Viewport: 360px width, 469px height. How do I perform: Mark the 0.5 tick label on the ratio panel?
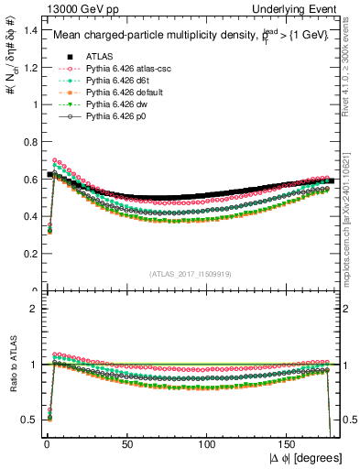(28, 420)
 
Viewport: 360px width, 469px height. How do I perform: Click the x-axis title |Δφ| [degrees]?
(305, 457)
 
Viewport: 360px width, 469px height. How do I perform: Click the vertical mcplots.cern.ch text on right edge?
(351, 220)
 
